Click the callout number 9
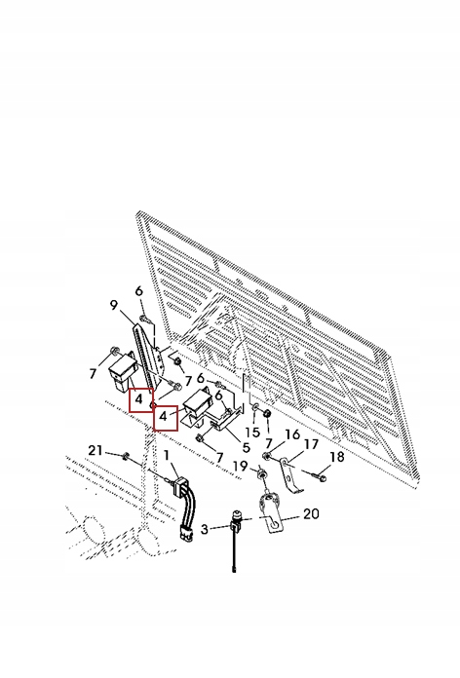114,305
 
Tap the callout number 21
95,449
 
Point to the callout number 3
206,528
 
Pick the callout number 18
336,457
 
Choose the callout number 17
311,444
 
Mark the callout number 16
292,434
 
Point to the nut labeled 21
126,456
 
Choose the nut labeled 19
262,473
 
